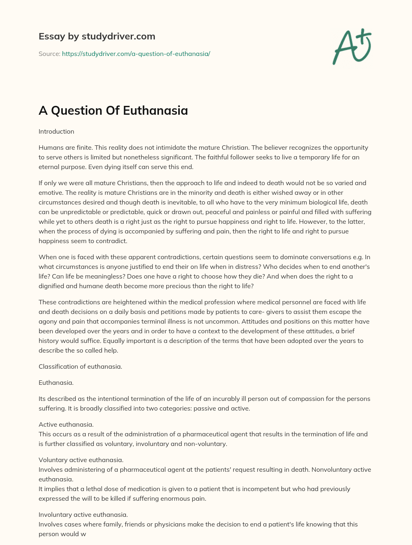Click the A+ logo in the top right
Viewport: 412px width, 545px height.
pyautogui.click(x=352, y=46)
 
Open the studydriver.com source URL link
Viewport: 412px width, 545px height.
pyautogui.click(x=136, y=54)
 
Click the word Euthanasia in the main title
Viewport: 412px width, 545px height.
pyautogui.click(x=155, y=111)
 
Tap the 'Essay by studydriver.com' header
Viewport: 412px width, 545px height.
pyautogui.click(x=97, y=37)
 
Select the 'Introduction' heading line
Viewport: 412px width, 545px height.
pyautogui.click(x=56, y=132)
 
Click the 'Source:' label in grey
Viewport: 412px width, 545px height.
pyautogui.click(x=49, y=54)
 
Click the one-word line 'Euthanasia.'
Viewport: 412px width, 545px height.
pyautogui.click(x=56, y=383)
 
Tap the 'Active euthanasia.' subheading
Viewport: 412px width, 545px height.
pyautogui.click(x=66, y=425)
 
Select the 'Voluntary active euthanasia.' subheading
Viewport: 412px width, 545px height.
pyautogui.click(x=81, y=460)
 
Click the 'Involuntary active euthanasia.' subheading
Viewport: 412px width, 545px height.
pyautogui.click(x=83, y=515)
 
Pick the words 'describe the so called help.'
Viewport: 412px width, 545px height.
pyautogui.click(x=78, y=351)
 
